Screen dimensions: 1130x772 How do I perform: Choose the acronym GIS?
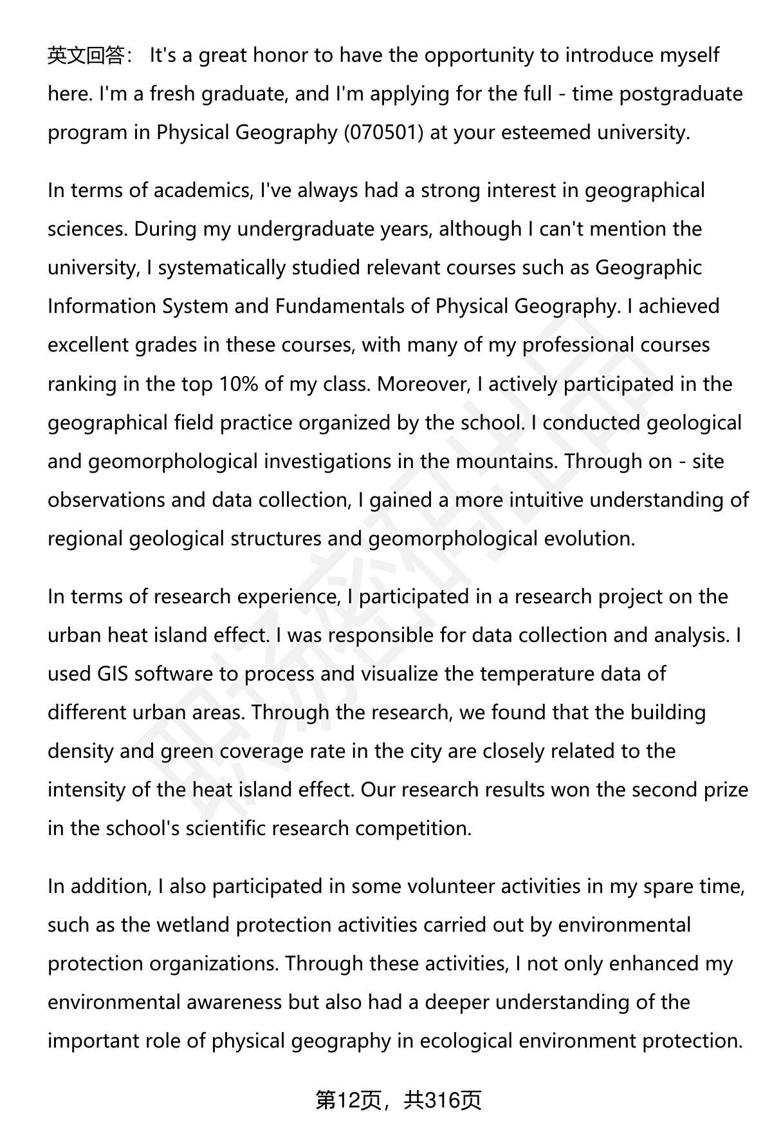113,674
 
